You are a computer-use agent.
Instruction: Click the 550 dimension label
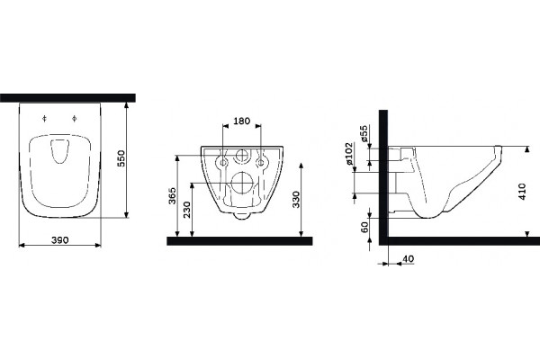pyautogui.click(x=121, y=158)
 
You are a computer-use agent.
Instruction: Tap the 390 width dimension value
pyautogui.click(x=60, y=239)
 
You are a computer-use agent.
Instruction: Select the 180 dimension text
pyautogui.click(x=242, y=121)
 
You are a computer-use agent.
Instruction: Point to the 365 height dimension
pyautogui.click(x=172, y=195)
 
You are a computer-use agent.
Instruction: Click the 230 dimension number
pyautogui.click(x=186, y=210)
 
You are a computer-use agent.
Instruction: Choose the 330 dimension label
pyautogui.click(x=296, y=199)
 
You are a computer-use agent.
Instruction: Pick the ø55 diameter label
pyautogui.click(x=364, y=134)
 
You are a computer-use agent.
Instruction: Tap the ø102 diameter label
pyautogui.click(x=349, y=153)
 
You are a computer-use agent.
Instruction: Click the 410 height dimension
pyautogui.click(x=522, y=192)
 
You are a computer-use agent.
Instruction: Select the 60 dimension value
pyautogui.click(x=364, y=227)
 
